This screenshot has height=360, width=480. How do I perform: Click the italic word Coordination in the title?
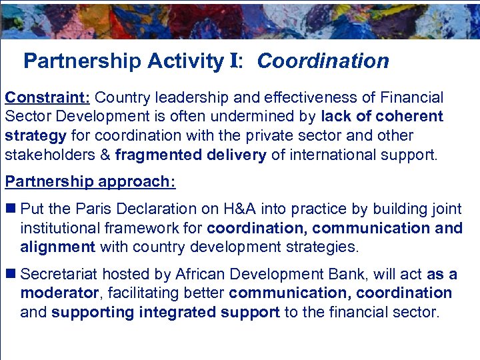coord(323,61)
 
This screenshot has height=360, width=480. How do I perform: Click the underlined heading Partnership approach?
coord(90,182)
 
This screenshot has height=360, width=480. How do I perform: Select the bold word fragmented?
coord(153,156)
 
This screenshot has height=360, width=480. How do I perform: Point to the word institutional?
coord(59,228)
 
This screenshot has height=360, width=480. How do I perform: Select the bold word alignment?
coord(58,247)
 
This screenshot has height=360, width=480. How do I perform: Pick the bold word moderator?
coord(58,293)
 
